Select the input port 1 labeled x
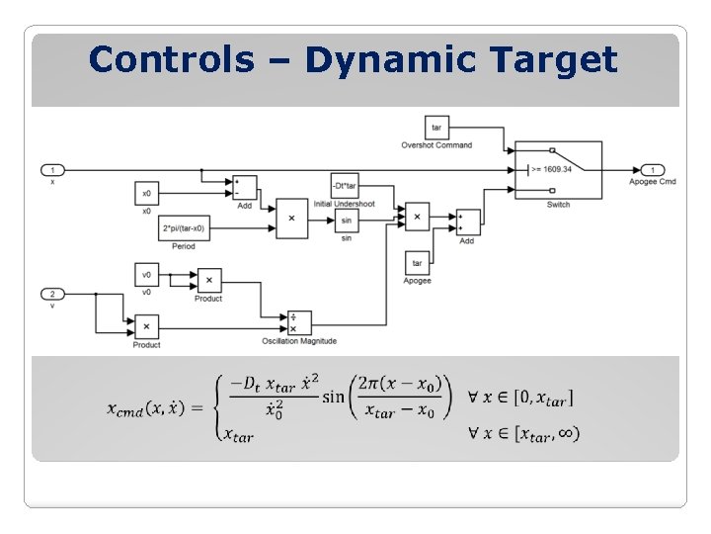(x=52, y=169)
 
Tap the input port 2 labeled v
(x=52, y=294)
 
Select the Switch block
(x=558, y=169)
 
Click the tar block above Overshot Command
(x=436, y=128)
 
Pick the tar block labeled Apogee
(x=417, y=263)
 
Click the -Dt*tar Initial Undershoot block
(x=345, y=186)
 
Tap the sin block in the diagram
(x=347, y=222)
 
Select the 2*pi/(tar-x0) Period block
(x=184, y=228)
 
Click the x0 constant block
(x=146, y=193)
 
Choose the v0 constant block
(x=146, y=275)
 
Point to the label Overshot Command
(x=436, y=145)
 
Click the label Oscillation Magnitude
(x=298, y=341)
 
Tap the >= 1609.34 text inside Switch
(x=552, y=169)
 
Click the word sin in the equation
(x=333, y=397)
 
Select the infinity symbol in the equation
(x=568, y=433)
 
